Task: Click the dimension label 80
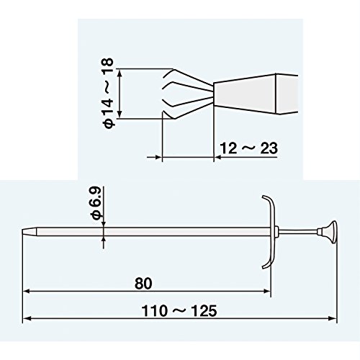click(x=143, y=283)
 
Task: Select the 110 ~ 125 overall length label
click(x=179, y=311)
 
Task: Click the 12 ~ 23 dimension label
click(x=248, y=148)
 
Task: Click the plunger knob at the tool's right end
click(x=329, y=232)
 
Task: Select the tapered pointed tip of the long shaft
click(x=30, y=232)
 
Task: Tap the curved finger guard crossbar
click(x=270, y=232)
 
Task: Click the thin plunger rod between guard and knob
click(x=298, y=232)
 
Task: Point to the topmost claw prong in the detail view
click(x=189, y=76)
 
